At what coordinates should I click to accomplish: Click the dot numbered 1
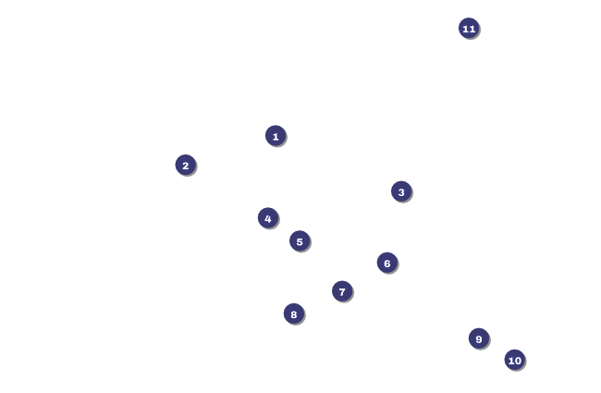click(x=276, y=136)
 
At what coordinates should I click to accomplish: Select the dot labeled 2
click(x=185, y=165)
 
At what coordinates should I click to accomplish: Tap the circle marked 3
click(x=400, y=191)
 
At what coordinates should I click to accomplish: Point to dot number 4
click(x=268, y=218)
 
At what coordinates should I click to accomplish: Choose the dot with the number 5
click(x=299, y=241)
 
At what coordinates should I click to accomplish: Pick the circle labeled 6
click(x=386, y=263)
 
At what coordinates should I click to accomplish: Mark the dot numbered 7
click(x=342, y=291)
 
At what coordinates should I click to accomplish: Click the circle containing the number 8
click(x=293, y=313)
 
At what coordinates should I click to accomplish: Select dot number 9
click(x=478, y=338)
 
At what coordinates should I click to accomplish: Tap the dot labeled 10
click(x=514, y=360)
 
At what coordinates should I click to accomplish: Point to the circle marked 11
click(x=469, y=28)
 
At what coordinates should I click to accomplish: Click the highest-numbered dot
click(x=469, y=28)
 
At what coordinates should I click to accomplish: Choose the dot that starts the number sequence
click(x=276, y=136)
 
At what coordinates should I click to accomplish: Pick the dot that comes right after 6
click(x=342, y=291)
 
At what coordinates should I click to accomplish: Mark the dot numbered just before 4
click(x=400, y=191)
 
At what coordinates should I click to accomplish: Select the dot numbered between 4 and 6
click(x=299, y=241)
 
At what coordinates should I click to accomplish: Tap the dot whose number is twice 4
click(x=293, y=313)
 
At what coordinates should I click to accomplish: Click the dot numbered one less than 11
click(x=514, y=360)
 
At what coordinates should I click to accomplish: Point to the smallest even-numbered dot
click(x=185, y=165)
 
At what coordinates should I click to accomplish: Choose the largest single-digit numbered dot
click(x=478, y=338)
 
